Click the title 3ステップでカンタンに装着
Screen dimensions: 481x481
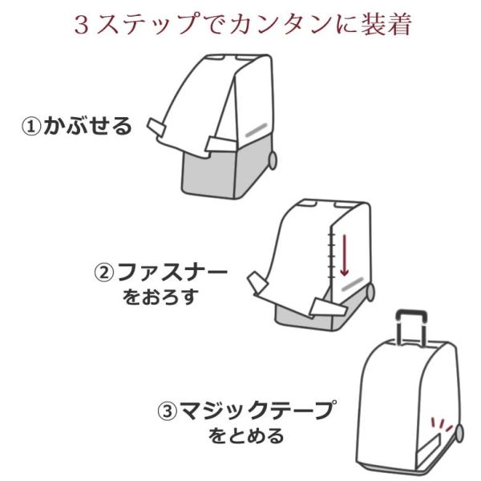[x=241, y=23]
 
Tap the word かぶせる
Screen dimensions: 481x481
[x=87, y=127]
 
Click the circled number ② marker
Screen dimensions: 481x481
[x=105, y=272]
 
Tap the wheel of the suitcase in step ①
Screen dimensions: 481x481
[x=273, y=160]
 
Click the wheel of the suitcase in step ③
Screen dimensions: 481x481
[x=459, y=432]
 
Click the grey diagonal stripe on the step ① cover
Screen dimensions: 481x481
[x=255, y=130]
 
